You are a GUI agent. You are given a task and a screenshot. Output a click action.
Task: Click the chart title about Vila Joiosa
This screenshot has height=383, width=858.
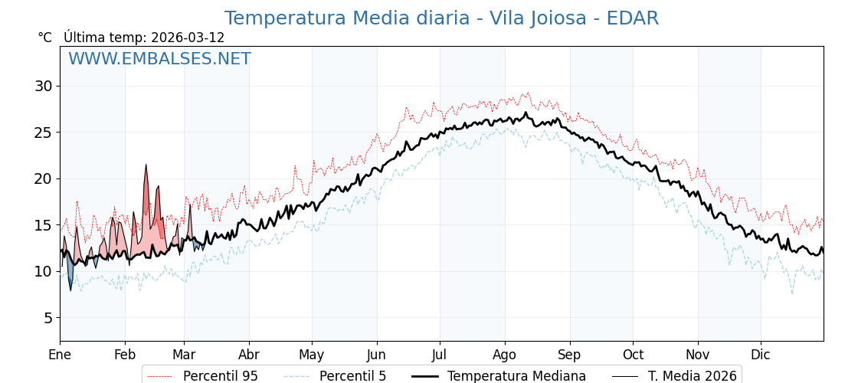point(441,18)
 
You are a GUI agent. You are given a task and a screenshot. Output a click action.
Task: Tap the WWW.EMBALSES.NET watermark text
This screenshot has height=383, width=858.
point(159,59)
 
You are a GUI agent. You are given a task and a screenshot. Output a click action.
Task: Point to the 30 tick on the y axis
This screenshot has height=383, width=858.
point(43,86)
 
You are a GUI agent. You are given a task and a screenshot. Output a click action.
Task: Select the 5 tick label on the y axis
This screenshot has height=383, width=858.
point(47,318)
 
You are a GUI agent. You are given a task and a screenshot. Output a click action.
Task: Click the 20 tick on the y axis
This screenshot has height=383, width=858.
point(43,178)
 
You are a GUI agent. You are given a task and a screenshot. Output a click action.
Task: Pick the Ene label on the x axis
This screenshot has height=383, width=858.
point(60,355)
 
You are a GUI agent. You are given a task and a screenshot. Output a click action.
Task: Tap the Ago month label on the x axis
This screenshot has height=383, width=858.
point(504,355)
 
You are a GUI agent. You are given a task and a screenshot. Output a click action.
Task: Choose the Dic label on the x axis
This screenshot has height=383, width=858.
point(761,355)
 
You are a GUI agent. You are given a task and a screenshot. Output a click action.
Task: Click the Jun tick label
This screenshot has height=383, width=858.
point(377,355)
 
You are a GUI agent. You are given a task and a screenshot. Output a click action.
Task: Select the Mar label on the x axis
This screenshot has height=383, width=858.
point(184,355)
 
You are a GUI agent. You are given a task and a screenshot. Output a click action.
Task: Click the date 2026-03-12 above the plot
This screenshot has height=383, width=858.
point(188,38)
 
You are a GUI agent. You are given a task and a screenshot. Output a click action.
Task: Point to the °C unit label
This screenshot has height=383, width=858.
point(44,38)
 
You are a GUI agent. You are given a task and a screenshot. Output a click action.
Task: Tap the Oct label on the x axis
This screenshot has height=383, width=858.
point(633,355)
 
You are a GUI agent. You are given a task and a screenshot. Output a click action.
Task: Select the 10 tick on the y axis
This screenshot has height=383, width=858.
point(43,271)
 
